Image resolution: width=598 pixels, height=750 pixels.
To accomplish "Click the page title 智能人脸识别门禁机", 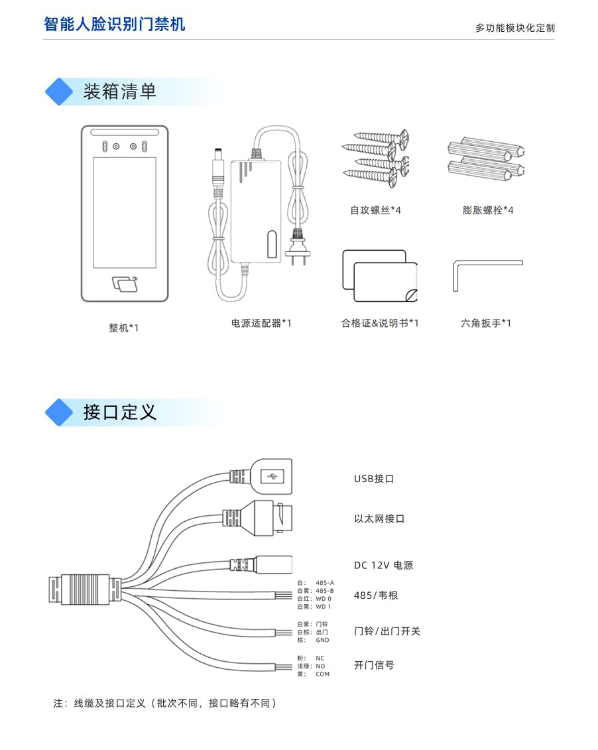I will click(x=114, y=25).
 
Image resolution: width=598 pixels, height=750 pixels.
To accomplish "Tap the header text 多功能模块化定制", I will click(x=514, y=28).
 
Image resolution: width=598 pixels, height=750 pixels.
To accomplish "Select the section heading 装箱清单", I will click(x=119, y=92).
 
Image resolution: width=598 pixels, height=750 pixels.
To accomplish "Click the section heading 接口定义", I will click(x=119, y=412).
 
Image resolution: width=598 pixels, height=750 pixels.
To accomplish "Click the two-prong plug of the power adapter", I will click(x=296, y=247).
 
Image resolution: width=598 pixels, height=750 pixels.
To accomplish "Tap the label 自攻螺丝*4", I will click(x=375, y=210).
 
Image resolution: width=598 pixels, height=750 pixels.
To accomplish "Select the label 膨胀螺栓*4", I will click(x=488, y=210).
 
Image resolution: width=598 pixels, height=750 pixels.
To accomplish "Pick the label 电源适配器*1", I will click(x=261, y=323).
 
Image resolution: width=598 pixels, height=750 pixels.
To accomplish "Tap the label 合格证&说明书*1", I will click(x=379, y=324).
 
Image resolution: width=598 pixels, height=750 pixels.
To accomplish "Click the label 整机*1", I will click(x=124, y=328).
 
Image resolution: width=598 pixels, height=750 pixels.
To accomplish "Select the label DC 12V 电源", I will click(x=383, y=566).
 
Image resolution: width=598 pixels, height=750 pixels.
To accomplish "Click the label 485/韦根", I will click(x=376, y=595).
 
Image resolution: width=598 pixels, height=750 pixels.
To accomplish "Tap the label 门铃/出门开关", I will click(x=387, y=631).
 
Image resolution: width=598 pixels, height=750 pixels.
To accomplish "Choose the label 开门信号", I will click(x=374, y=665).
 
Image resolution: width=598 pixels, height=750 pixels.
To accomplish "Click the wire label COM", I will click(x=322, y=674).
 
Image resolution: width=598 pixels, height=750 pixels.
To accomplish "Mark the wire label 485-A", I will click(x=324, y=583).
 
